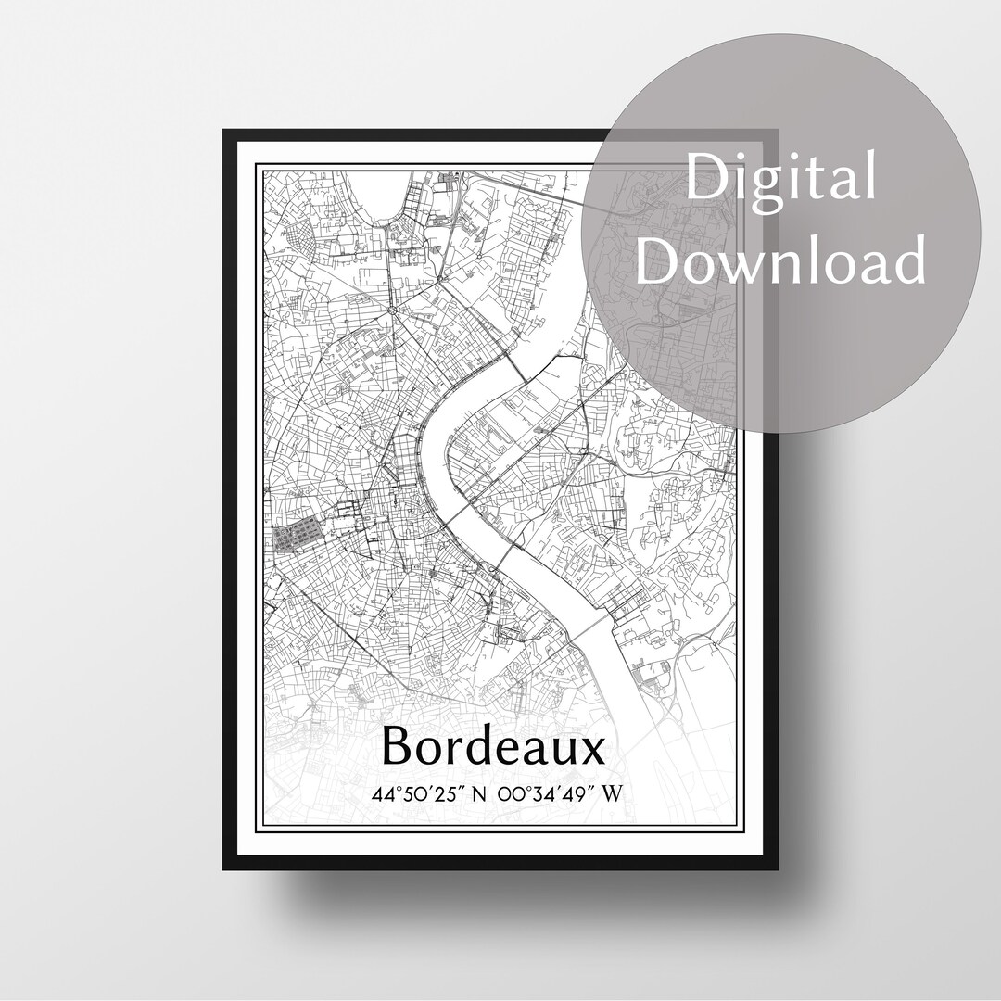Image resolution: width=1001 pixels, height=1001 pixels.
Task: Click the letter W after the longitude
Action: tap(612, 794)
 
